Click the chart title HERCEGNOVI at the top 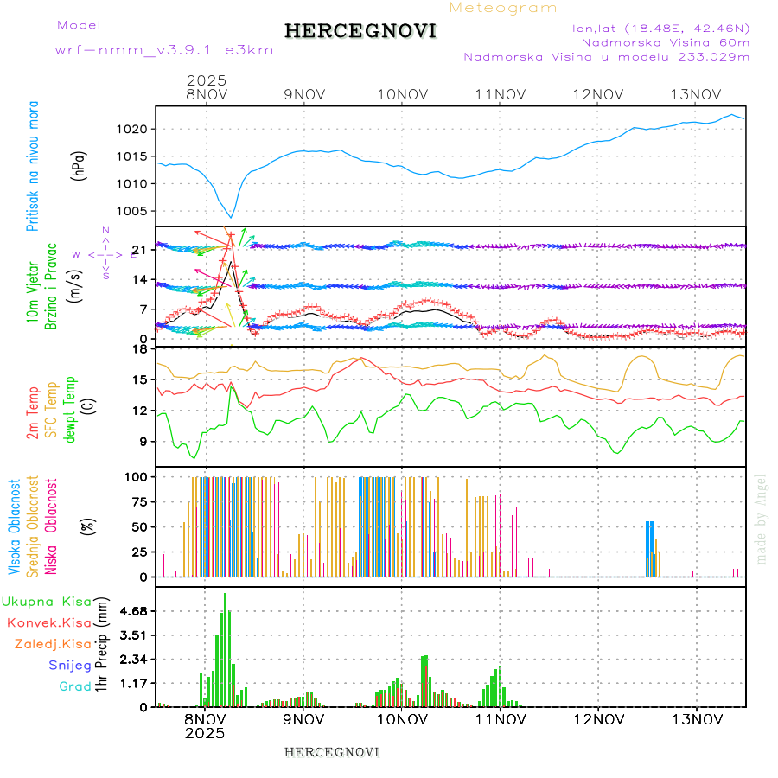click(x=360, y=31)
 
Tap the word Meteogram click(x=503, y=8)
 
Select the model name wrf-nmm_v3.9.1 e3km click(x=164, y=50)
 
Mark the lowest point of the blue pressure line click(x=231, y=217)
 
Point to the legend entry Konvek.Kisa click(x=48, y=622)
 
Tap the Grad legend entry click(x=74, y=686)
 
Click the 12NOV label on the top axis click(x=598, y=94)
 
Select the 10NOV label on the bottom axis click(x=402, y=719)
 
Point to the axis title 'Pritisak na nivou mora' click(x=34, y=167)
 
